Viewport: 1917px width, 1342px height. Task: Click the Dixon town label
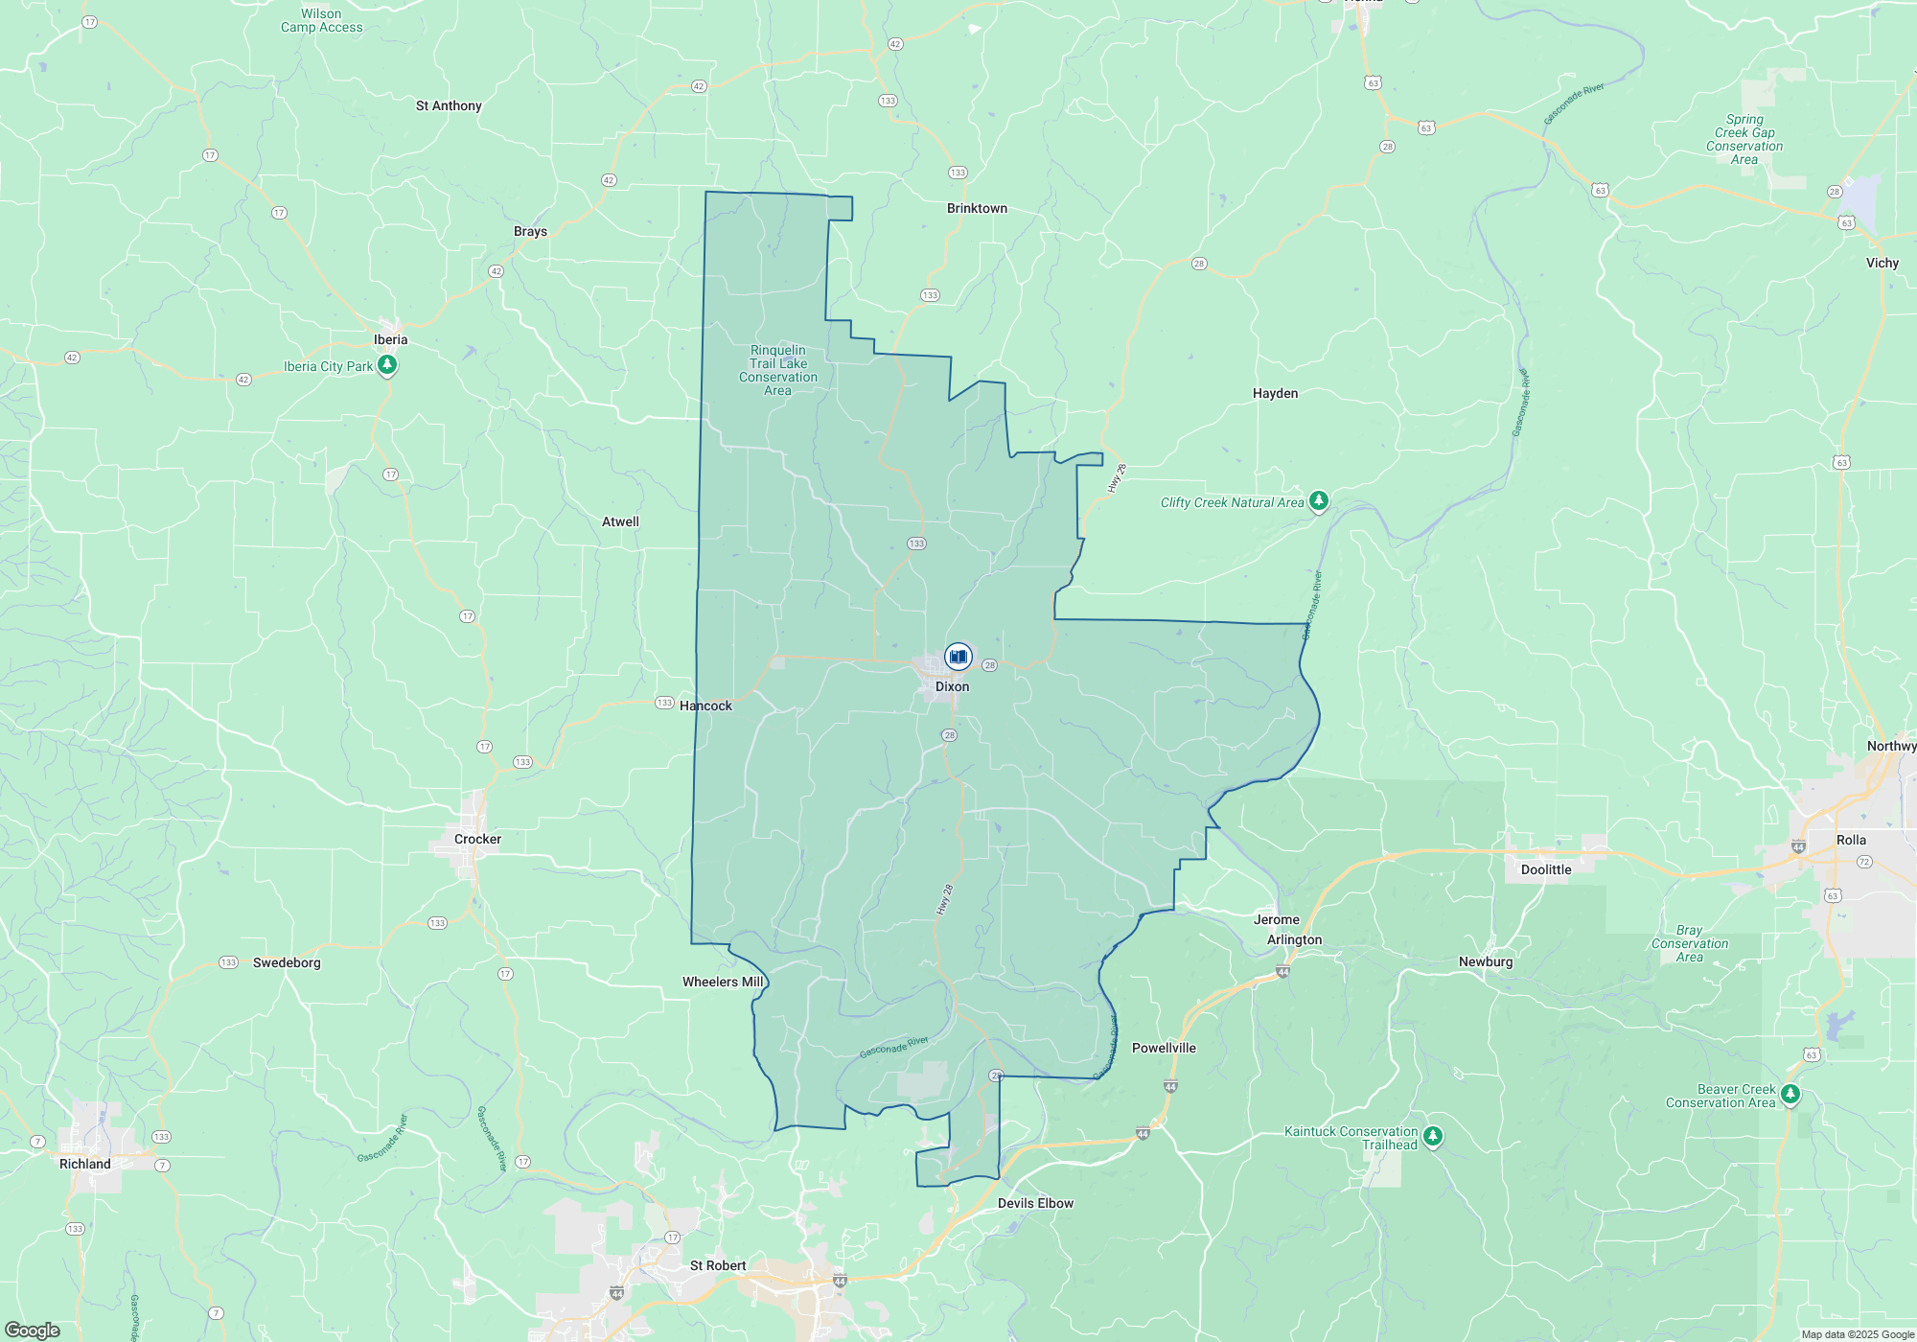coord(952,686)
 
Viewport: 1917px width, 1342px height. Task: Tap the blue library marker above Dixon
coord(958,657)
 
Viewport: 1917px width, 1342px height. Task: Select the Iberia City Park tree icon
coord(387,365)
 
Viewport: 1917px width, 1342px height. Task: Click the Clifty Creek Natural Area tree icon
coord(1319,500)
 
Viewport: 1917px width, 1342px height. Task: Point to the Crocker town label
coord(477,839)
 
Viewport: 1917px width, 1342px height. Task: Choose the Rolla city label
coord(1851,840)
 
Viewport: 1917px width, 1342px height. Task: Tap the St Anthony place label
coord(449,105)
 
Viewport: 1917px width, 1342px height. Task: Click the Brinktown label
coord(977,208)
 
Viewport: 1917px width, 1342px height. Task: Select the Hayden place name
coord(1275,393)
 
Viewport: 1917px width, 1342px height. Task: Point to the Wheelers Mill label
coord(723,982)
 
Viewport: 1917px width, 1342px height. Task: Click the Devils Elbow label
coord(1035,1203)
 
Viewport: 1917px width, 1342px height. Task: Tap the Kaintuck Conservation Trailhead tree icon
coord(1433,1137)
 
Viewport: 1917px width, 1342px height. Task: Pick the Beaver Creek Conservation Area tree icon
coord(1790,1095)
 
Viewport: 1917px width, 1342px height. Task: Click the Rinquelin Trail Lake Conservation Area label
coord(778,370)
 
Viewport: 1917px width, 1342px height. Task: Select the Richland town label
coord(85,1164)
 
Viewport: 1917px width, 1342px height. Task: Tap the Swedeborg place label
coord(287,962)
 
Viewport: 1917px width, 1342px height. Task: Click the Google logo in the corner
coord(33,1330)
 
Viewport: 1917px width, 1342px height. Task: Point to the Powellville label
coord(1164,1048)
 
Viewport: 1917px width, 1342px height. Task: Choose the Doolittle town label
coord(1546,869)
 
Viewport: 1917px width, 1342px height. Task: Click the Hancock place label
coord(705,706)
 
